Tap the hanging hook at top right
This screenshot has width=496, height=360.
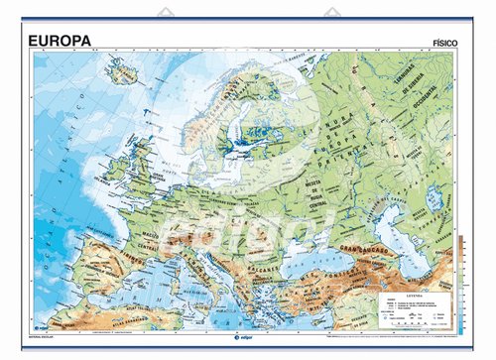click(330, 15)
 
